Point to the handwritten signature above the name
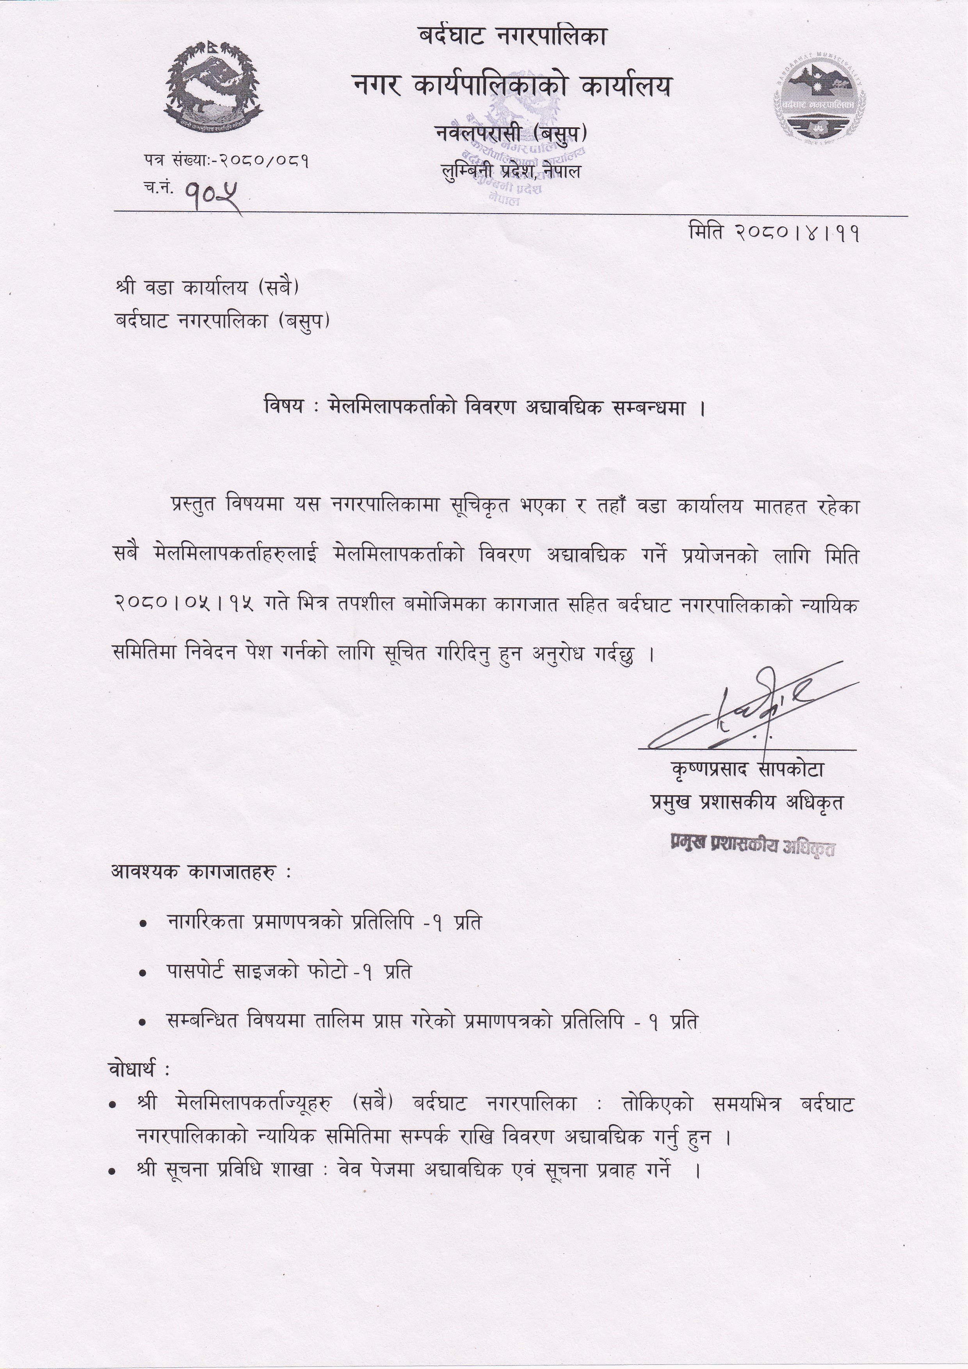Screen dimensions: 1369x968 click(x=751, y=710)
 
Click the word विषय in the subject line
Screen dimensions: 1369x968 click(x=283, y=407)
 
